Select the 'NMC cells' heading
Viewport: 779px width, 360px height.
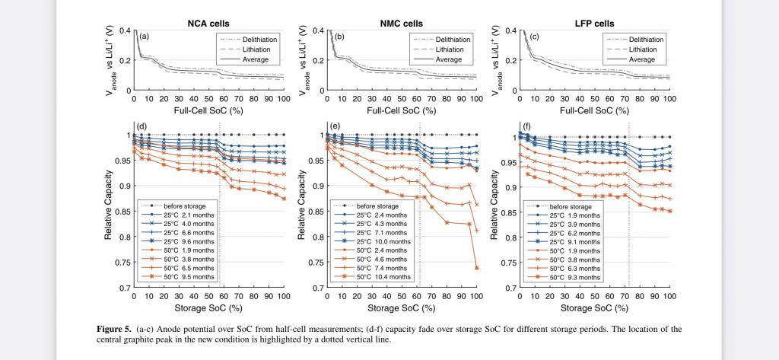(401, 23)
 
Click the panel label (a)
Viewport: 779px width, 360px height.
(143, 37)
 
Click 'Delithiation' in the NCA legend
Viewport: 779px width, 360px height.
(257, 38)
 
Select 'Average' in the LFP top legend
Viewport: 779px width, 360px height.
(642, 59)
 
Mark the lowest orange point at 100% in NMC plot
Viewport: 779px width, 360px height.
(476, 268)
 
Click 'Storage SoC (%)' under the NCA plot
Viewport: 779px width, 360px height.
(208, 309)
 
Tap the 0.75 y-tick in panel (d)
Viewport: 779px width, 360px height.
(122, 263)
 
